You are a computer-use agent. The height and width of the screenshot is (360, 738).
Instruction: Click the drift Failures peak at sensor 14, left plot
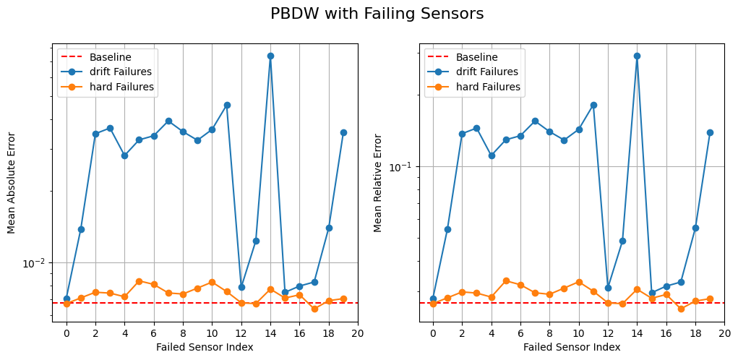pos(270,56)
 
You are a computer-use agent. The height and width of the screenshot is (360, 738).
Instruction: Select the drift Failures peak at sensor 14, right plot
pos(637,56)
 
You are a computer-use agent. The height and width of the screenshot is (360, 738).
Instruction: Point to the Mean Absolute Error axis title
pos(12,182)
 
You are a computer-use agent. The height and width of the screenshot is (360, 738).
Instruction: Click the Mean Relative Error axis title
pos(378,182)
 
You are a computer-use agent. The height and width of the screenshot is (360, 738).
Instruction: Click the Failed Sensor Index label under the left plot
pos(205,347)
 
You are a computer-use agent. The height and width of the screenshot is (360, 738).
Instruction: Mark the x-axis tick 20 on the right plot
pos(724,333)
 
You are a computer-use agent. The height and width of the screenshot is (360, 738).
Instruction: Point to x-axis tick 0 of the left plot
pos(66,333)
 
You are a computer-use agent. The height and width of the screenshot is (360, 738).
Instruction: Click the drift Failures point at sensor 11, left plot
pos(227,105)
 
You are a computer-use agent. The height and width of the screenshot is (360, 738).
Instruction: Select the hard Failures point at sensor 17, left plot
pos(314,309)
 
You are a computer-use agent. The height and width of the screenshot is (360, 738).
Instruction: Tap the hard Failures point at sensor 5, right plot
pos(506,280)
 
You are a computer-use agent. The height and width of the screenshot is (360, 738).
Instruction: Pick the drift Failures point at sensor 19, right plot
pos(710,132)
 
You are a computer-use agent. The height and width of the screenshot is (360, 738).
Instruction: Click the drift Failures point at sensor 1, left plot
pos(81,229)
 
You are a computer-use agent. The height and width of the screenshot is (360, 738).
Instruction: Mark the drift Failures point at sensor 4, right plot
pos(492,155)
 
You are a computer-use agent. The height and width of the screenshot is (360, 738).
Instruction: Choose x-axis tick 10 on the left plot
pos(212,333)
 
